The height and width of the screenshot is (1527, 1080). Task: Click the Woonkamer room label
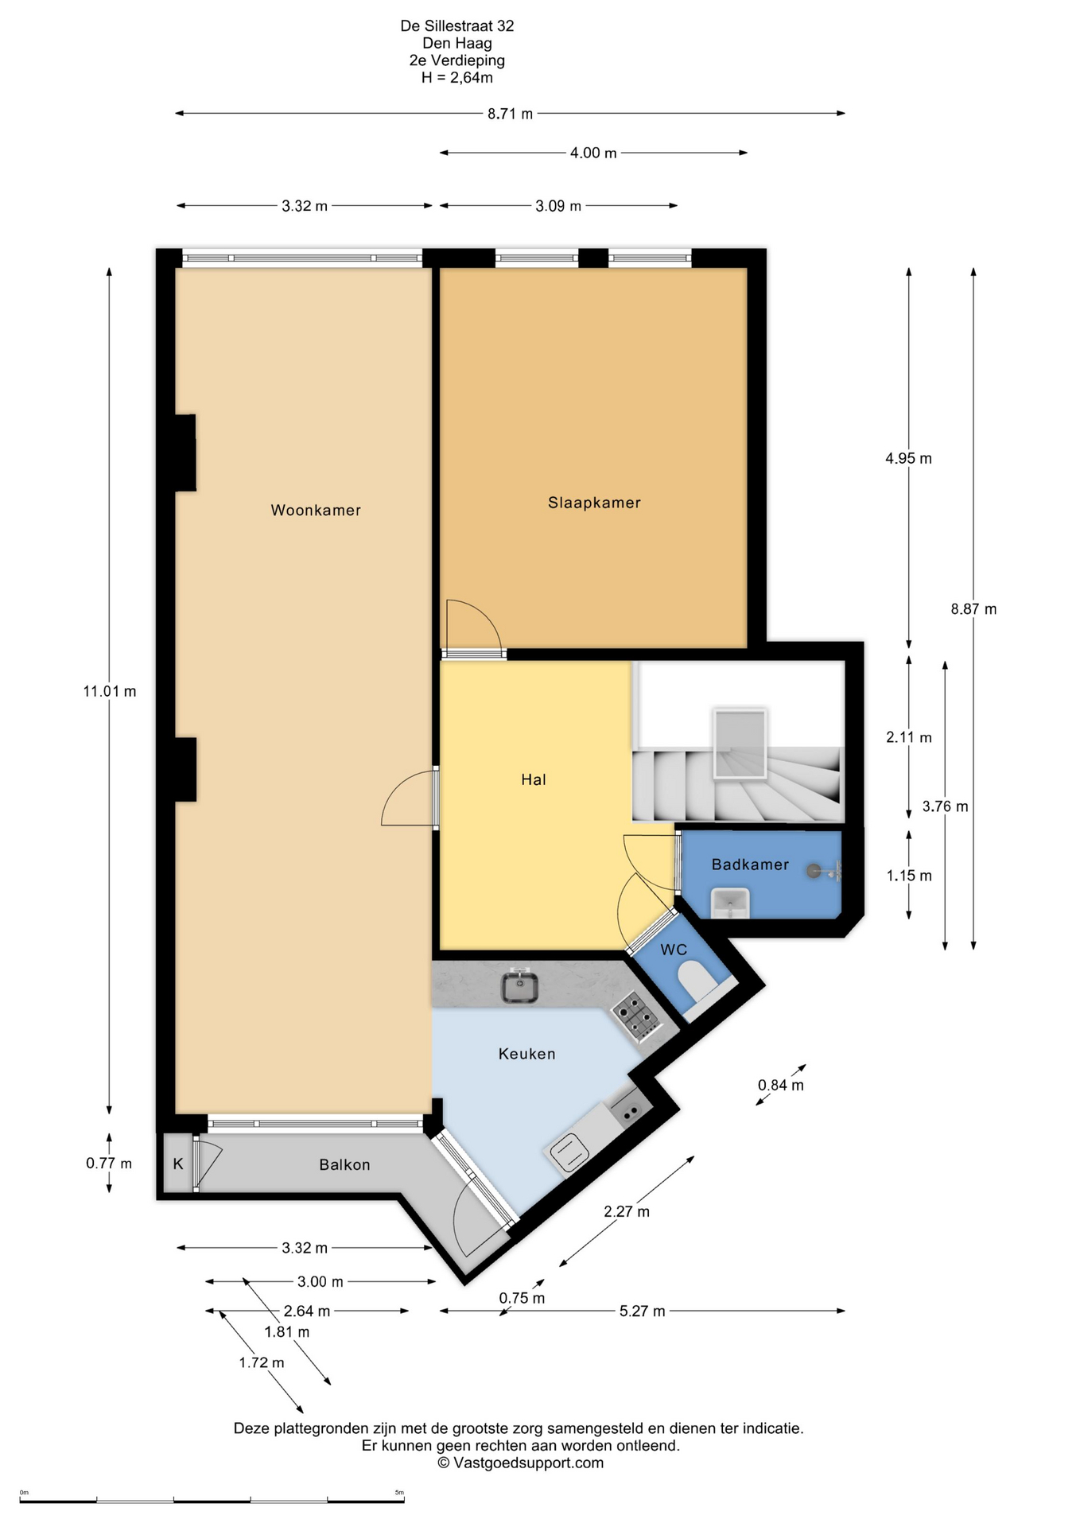(316, 511)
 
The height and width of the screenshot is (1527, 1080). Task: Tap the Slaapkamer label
(594, 503)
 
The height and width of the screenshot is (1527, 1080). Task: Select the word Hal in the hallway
(534, 779)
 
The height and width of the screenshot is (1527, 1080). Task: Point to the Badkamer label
(750, 865)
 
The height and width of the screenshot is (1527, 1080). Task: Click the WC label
(674, 950)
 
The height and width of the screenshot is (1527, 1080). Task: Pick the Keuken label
(526, 1054)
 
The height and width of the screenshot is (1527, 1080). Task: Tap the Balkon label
(344, 1164)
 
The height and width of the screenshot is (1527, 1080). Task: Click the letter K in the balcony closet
(178, 1164)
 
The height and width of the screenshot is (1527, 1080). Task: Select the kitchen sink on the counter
(520, 987)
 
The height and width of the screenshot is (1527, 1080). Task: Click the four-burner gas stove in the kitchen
(637, 1016)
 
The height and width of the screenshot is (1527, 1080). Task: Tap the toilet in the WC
(698, 982)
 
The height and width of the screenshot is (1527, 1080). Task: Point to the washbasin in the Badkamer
(730, 904)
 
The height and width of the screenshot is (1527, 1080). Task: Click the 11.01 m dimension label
(110, 692)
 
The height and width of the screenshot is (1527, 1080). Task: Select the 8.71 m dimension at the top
(510, 114)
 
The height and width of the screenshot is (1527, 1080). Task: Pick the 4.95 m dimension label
(908, 458)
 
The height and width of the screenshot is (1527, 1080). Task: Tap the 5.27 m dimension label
(642, 1311)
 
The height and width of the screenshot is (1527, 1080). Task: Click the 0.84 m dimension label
(780, 1085)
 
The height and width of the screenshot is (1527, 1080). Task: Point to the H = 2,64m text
(457, 78)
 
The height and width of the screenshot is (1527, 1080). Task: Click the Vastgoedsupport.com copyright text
(521, 1463)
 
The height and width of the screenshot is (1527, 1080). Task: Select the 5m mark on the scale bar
(399, 1493)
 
